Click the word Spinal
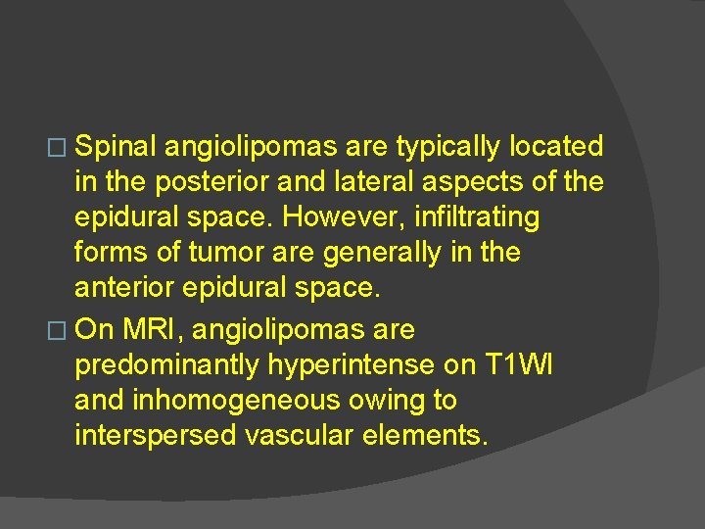pyautogui.click(x=117, y=147)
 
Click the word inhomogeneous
pyautogui.click(x=251, y=401)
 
